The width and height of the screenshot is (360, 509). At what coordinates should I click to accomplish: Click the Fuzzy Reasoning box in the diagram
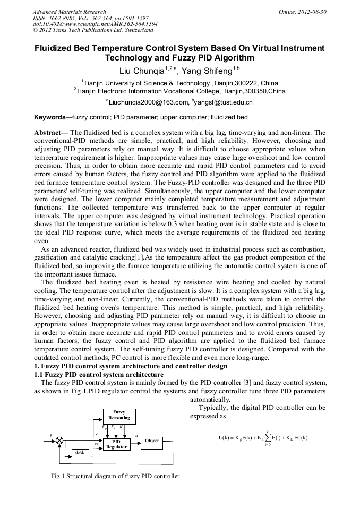click(x=118, y=415)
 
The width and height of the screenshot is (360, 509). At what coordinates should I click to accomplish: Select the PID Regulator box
click(x=116, y=444)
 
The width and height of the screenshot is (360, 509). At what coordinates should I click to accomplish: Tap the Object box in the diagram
click(x=152, y=441)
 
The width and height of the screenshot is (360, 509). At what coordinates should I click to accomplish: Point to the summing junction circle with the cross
click(x=59, y=441)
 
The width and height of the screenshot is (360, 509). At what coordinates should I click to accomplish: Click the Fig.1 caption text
click(x=115, y=476)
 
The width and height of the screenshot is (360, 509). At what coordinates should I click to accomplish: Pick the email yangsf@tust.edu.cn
click(x=215, y=102)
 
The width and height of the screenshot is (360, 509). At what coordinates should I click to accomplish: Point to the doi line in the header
click(x=95, y=24)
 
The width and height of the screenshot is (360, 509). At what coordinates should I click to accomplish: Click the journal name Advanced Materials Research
click(x=69, y=12)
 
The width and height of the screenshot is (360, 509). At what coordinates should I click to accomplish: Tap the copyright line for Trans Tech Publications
click(x=93, y=31)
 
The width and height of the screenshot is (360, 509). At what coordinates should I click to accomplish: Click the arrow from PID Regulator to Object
click(x=135, y=441)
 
